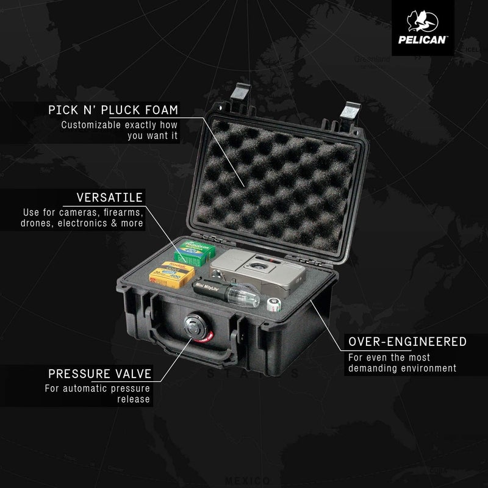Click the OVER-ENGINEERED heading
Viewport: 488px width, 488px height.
(x=407, y=341)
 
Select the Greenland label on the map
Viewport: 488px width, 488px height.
(x=370, y=60)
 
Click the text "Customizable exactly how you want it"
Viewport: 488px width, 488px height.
(x=120, y=131)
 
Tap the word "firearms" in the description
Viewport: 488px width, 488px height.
(x=122, y=212)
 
